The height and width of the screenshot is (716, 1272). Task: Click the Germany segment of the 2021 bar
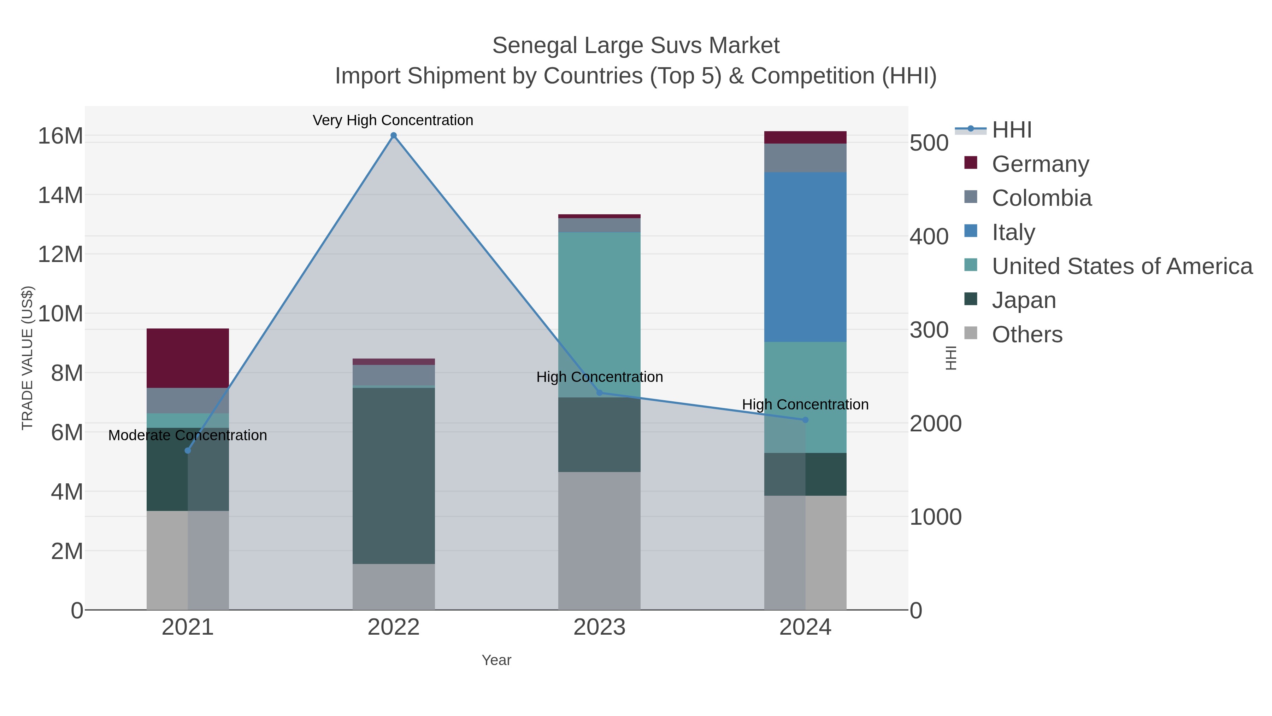(x=188, y=358)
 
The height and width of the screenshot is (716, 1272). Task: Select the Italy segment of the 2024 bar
(x=805, y=257)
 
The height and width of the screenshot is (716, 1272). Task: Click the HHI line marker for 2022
(x=394, y=135)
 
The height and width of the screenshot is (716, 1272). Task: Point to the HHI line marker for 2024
(x=805, y=420)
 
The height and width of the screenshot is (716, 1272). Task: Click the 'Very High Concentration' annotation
(x=393, y=120)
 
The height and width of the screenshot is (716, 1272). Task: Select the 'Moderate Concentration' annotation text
(x=188, y=435)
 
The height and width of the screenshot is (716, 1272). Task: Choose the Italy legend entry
(x=1013, y=232)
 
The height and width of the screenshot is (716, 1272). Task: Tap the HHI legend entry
(x=1011, y=130)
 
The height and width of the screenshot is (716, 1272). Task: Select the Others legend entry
(x=1027, y=334)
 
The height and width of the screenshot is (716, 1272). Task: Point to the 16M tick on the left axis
(x=60, y=136)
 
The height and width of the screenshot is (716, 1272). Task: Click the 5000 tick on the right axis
(x=929, y=143)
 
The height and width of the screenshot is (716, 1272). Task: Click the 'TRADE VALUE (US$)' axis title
(x=27, y=358)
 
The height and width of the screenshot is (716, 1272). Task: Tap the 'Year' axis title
(x=496, y=660)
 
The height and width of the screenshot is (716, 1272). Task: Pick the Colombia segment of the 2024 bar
(x=805, y=158)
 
